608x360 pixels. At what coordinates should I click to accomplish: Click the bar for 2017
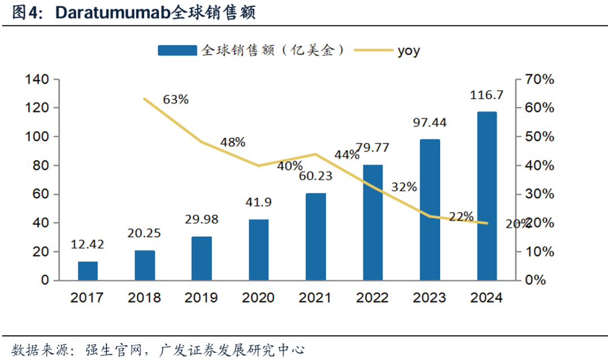coord(87,271)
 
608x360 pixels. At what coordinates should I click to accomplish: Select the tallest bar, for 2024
coord(487,196)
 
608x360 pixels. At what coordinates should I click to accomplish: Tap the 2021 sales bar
coord(316,236)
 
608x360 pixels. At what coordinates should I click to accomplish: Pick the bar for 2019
coord(202,258)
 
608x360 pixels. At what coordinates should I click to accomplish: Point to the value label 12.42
coord(88,245)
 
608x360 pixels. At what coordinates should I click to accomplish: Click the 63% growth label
coord(176,100)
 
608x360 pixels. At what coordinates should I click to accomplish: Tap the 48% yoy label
coord(233,142)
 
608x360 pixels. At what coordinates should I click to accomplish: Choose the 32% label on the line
coord(404,186)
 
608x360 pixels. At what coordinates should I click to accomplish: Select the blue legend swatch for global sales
coord(177,51)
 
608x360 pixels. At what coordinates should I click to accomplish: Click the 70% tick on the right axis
coord(539,79)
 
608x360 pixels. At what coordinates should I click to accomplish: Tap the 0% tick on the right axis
coord(536,280)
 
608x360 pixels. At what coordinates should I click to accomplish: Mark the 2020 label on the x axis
coord(258,298)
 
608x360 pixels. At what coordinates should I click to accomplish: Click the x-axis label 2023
coord(430,298)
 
